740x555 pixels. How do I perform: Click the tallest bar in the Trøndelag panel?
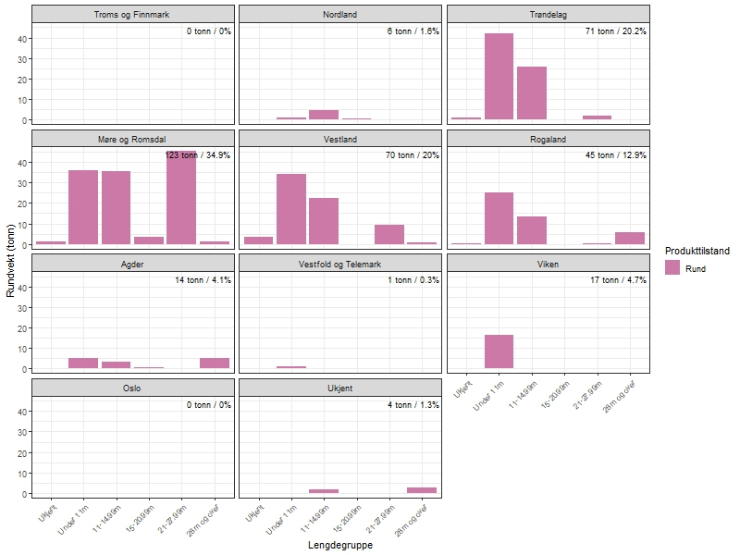pyautogui.click(x=499, y=77)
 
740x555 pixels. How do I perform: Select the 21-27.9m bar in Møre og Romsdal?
pyautogui.click(x=181, y=198)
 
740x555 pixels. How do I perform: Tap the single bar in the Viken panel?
pyautogui.click(x=499, y=351)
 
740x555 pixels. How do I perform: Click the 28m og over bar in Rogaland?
pyautogui.click(x=630, y=238)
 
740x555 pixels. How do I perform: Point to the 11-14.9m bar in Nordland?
pyautogui.click(x=324, y=115)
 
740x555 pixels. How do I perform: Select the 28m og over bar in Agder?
pyautogui.click(x=215, y=363)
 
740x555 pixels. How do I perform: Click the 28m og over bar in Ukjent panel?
pyautogui.click(x=422, y=489)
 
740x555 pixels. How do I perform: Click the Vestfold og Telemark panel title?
pyautogui.click(x=340, y=264)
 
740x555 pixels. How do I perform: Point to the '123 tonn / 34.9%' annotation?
pyautogui.click(x=198, y=155)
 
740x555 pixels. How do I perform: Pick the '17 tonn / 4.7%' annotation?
pyautogui.click(x=619, y=280)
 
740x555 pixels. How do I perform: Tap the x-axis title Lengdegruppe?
pyautogui.click(x=339, y=546)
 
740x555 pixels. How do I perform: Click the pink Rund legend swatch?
pyautogui.click(x=672, y=267)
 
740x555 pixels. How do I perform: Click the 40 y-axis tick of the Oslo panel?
pyautogui.click(x=20, y=412)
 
